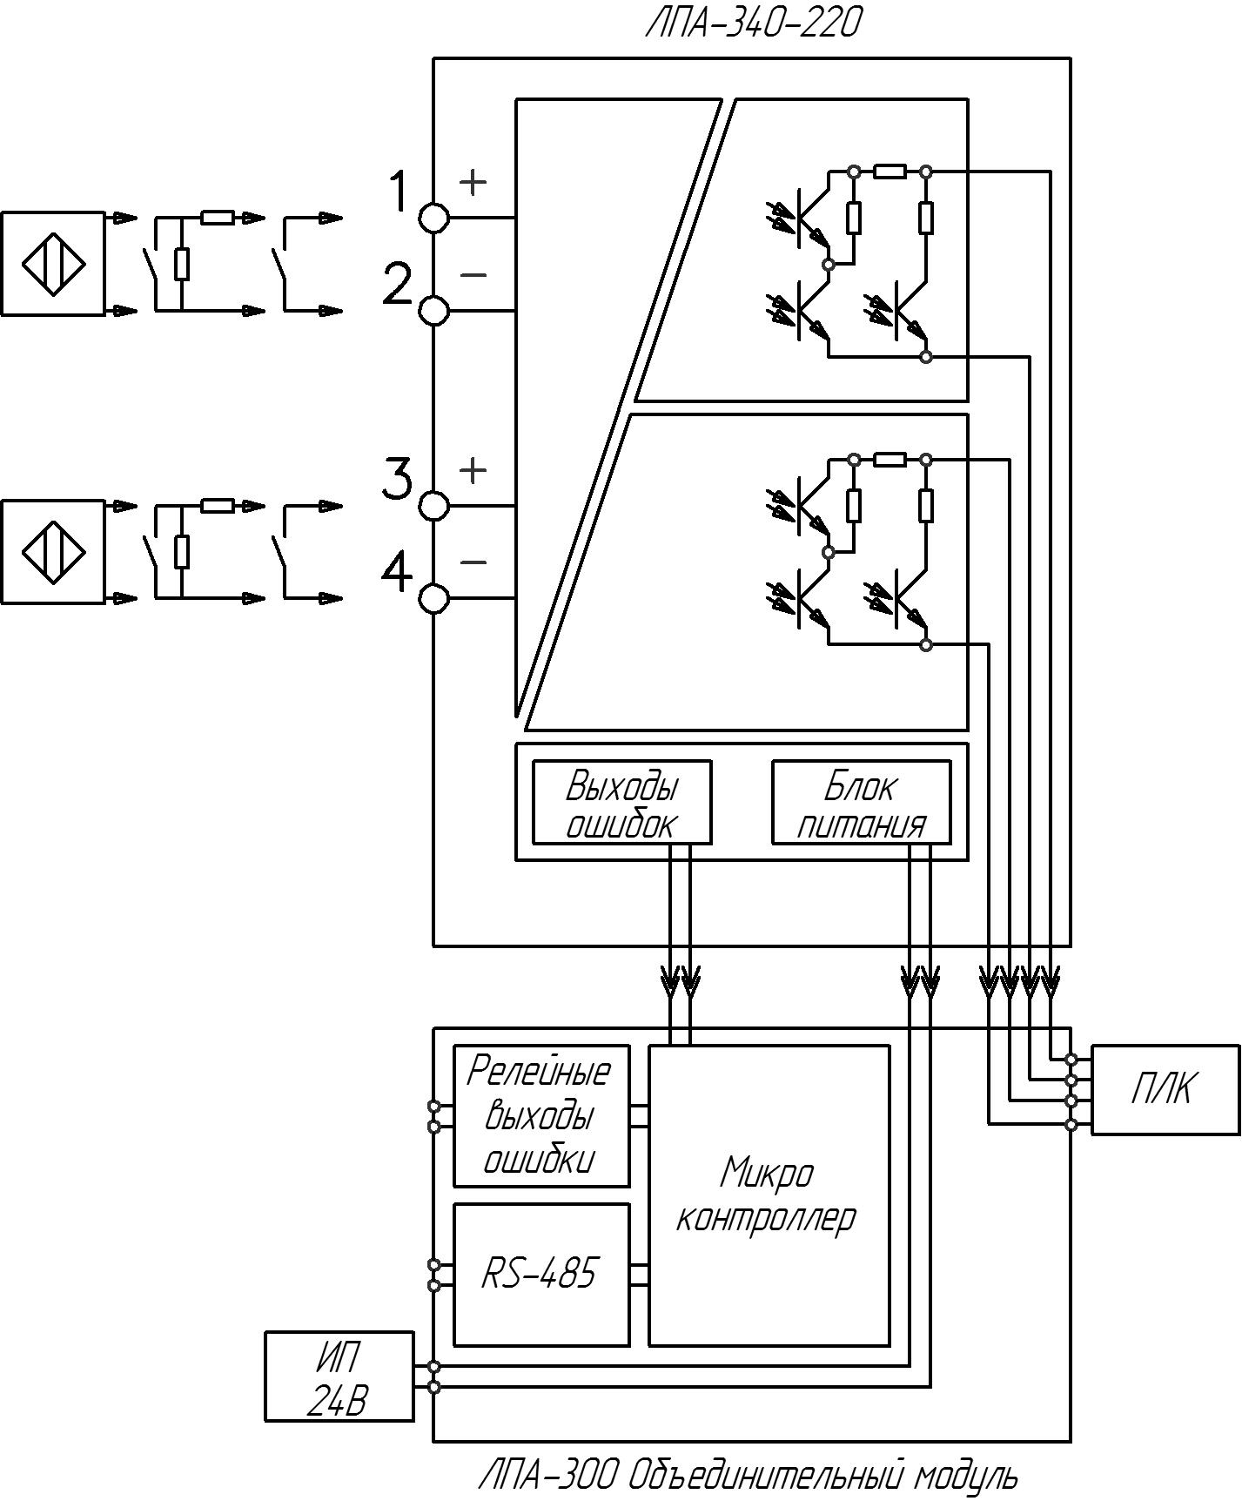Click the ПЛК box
tap(1165, 1089)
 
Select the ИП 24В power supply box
tap(339, 1376)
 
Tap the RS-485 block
tap(541, 1275)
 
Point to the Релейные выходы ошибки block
tap(541, 1115)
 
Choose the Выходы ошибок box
tap(621, 802)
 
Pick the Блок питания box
tap(862, 802)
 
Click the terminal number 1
tap(398, 192)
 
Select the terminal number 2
tap(398, 284)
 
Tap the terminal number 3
tap(398, 480)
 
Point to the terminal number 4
tap(398, 572)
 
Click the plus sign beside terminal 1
tap(473, 182)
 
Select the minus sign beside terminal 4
tap(473, 562)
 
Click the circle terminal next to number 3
tap(434, 506)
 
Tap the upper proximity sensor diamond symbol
tap(53, 264)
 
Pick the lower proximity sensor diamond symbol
tap(53, 551)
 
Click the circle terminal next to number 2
tap(434, 310)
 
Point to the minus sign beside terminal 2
tap(473, 275)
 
